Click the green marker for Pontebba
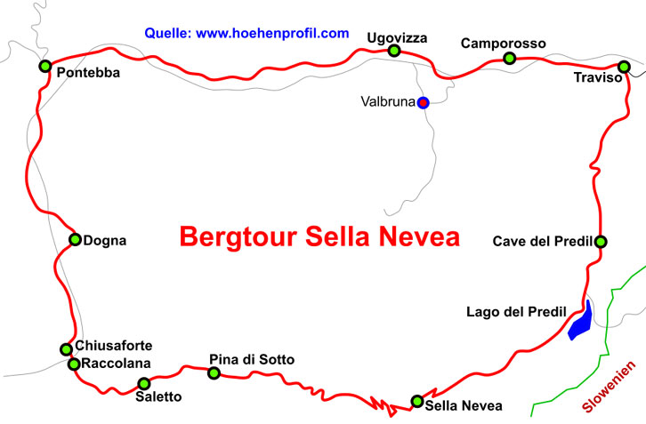pyautogui.click(x=44, y=66)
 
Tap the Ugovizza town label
pyautogui.click(x=397, y=37)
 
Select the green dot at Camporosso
pyautogui.click(x=509, y=59)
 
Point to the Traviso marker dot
pyautogui.click(x=624, y=67)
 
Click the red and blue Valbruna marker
pyautogui.click(x=424, y=102)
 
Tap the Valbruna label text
pyautogui.click(x=388, y=102)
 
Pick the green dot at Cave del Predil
pyautogui.click(x=601, y=241)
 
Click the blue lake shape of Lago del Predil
pyautogui.click(x=579, y=322)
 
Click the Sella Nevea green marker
pyautogui.click(x=416, y=401)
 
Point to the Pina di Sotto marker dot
pyautogui.click(x=214, y=372)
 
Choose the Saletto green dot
pyautogui.click(x=143, y=384)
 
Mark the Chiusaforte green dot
pyautogui.click(x=66, y=349)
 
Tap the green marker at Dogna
pyautogui.click(x=75, y=239)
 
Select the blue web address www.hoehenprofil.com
pyautogui.click(x=272, y=34)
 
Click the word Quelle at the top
pyautogui.click(x=166, y=34)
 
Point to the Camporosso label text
pyautogui.click(x=503, y=43)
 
